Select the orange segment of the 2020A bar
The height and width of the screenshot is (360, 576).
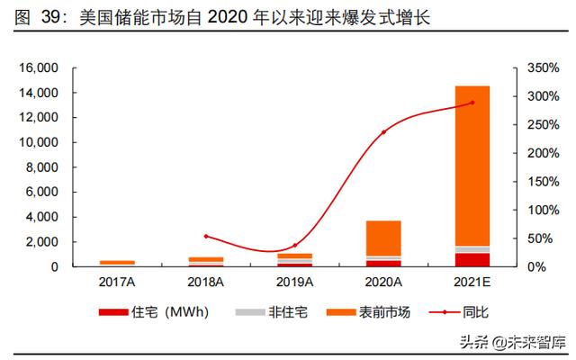point(383,238)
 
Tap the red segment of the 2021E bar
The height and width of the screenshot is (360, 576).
point(472,260)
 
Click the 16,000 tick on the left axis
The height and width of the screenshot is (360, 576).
point(39,68)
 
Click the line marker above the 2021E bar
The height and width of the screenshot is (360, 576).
point(472,103)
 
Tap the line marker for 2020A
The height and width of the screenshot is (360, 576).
point(383,132)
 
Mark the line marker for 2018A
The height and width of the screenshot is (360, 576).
point(206,236)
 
